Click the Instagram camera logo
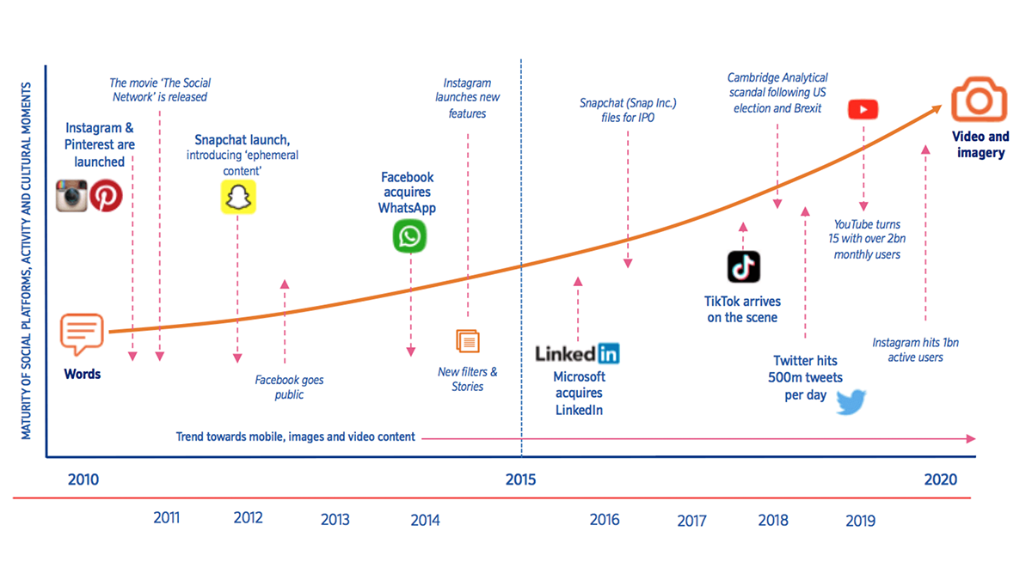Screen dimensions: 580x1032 tap(72, 196)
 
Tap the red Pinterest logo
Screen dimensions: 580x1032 tap(107, 196)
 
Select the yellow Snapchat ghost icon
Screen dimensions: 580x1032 tap(238, 197)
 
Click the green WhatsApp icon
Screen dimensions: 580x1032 tap(409, 236)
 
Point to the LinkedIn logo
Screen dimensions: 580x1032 tap(577, 352)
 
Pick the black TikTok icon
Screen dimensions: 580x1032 tap(743, 267)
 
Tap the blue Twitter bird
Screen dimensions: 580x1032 tap(851, 401)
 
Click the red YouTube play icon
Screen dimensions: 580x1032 tap(863, 109)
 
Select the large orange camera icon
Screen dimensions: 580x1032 tap(979, 100)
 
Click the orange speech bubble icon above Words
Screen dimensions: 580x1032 tap(83, 333)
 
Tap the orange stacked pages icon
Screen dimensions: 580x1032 tap(468, 341)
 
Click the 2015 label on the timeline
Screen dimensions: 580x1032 tap(520, 479)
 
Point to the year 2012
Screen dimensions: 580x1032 tap(249, 517)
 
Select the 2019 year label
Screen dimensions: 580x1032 tap(861, 520)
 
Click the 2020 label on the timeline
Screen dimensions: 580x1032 tap(940, 479)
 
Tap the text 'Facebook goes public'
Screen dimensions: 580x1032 tap(290, 387)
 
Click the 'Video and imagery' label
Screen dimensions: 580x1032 tap(980, 144)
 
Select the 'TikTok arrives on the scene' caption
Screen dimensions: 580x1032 tap(741, 309)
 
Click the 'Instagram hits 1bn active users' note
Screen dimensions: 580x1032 tap(915, 350)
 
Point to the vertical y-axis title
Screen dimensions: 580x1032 tap(27, 261)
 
